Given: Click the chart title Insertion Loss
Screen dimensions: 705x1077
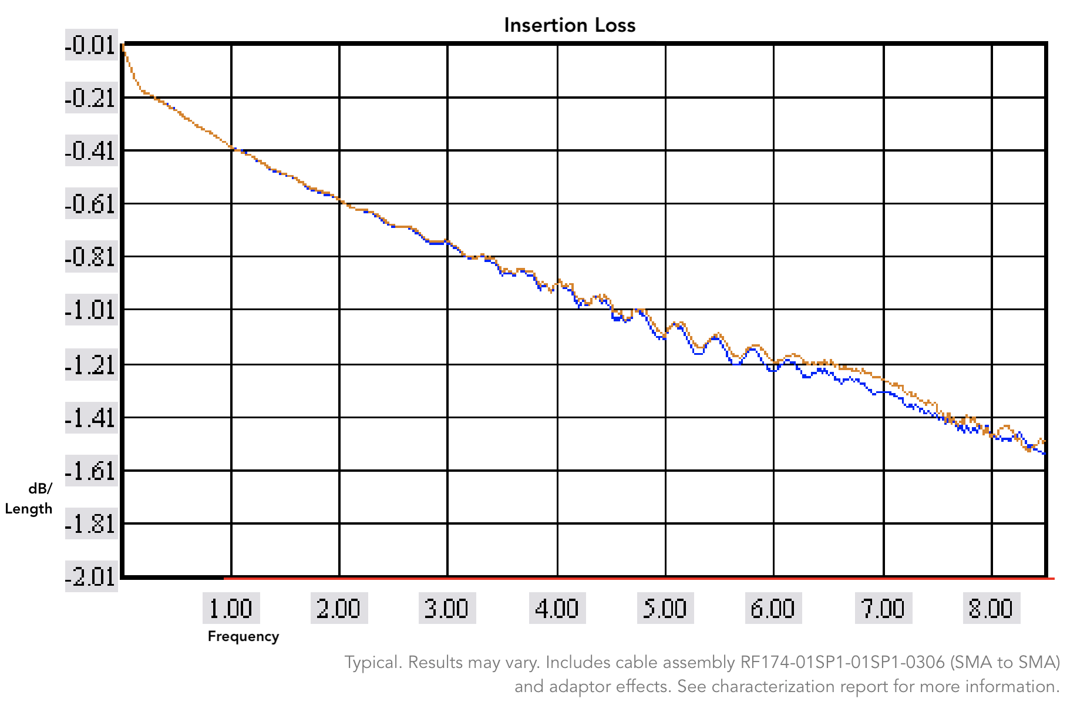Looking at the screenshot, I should (570, 25).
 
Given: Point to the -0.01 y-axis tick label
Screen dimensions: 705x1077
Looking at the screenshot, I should (91, 45).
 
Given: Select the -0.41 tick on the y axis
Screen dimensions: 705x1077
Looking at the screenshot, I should (91, 151).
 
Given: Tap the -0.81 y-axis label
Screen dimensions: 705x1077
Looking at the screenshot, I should (91, 257).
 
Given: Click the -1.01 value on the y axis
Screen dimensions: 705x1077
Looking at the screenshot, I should (91, 310).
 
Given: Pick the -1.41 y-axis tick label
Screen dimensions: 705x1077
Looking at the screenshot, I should (91, 418).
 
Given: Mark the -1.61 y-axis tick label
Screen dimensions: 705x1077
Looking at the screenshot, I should (91, 471).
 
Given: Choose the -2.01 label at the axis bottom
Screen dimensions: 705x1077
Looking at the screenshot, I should (91, 576).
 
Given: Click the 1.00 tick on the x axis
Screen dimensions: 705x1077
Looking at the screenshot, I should (231, 608).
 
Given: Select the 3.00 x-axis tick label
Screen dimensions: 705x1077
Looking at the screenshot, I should (447, 608).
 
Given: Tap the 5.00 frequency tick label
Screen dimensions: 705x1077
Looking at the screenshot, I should (665, 608).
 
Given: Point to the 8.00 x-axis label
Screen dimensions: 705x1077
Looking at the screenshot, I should (991, 608).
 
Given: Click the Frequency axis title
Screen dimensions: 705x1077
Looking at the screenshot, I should (243, 636).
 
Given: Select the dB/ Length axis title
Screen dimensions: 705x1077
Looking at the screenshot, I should (29, 499).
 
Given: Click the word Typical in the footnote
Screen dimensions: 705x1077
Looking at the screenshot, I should (372, 662).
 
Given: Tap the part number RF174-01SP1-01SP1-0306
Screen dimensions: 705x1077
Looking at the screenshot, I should (842, 662).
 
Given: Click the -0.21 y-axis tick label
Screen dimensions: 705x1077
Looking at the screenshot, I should (91, 98).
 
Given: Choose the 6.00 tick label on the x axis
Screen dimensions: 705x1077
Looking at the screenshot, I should (773, 608).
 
